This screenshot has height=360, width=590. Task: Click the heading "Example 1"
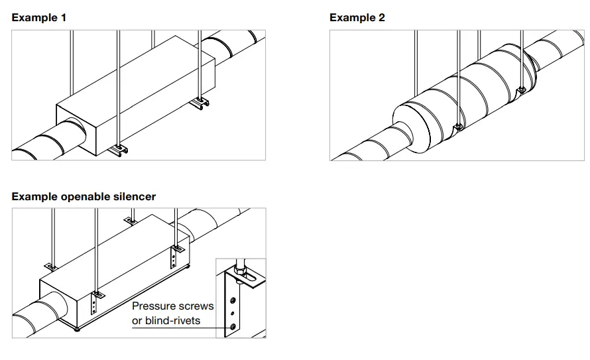pos(38,17)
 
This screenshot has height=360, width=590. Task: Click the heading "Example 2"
pos(357,17)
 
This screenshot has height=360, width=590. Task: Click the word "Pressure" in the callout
pos(153,306)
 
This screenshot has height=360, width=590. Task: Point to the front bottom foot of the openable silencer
pos(78,330)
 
